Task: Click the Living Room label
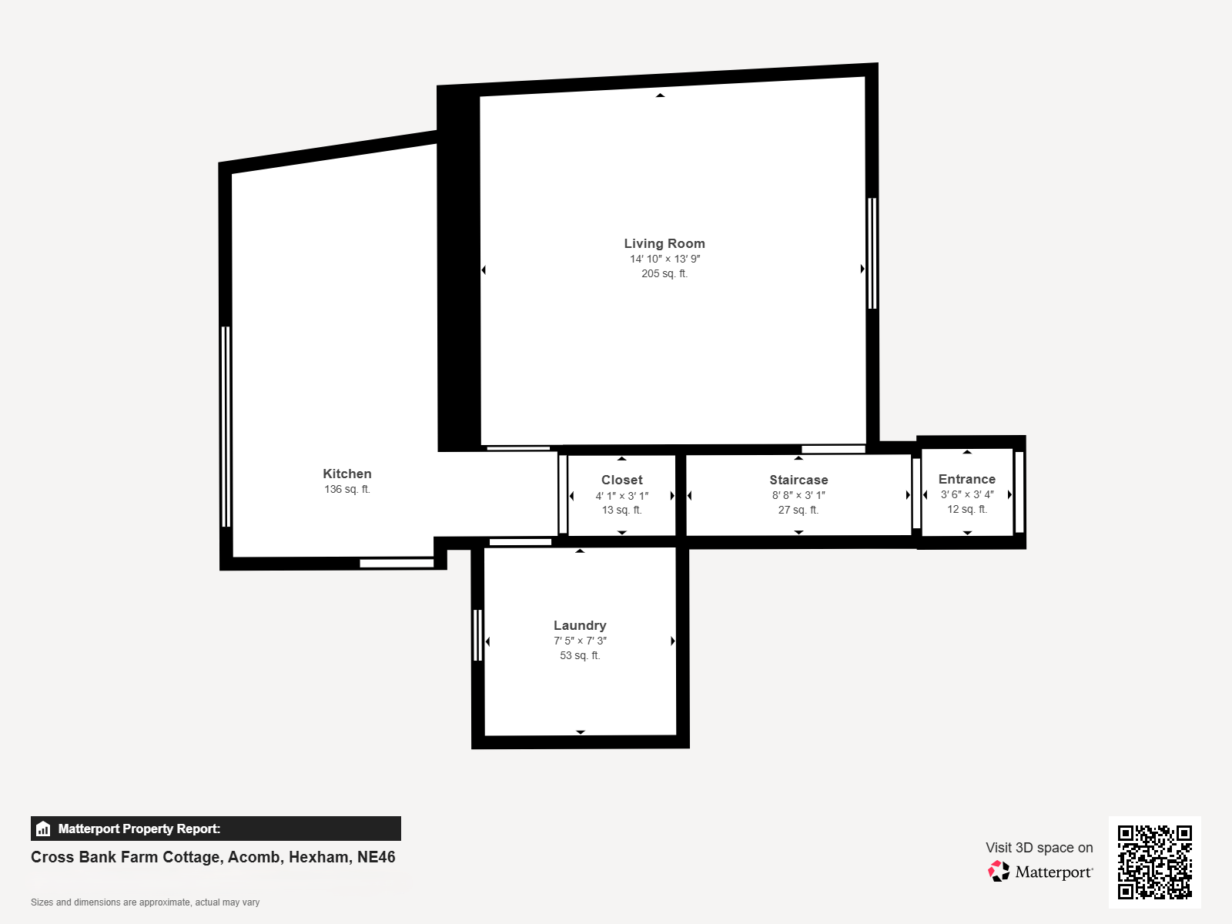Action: point(665,243)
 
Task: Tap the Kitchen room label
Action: point(346,474)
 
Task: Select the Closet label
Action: point(622,480)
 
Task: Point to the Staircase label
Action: point(798,480)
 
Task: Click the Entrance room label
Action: point(967,479)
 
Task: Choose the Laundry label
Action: point(580,625)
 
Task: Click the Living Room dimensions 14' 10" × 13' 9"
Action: point(665,259)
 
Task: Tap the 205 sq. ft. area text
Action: point(665,274)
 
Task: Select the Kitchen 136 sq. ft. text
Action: point(346,489)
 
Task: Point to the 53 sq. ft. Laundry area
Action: point(580,655)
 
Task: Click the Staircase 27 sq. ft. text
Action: point(798,510)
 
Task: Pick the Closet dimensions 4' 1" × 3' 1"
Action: point(622,495)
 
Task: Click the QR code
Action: point(1154,862)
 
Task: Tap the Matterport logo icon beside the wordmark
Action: point(999,872)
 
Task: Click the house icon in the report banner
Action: point(43,829)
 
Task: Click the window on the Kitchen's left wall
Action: point(226,427)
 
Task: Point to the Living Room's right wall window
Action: point(872,253)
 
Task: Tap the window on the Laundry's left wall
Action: point(477,635)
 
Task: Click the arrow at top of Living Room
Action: point(660,95)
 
